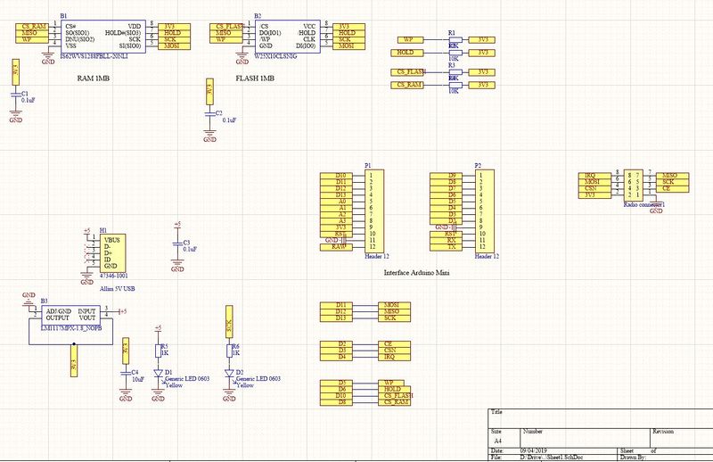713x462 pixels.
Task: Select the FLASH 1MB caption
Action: [x=255, y=78]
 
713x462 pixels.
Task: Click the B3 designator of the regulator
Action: [x=44, y=301]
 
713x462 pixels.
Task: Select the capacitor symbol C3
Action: [x=176, y=243]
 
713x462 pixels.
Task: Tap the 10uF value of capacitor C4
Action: [x=137, y=379]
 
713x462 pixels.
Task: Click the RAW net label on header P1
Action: [x=339, y=247]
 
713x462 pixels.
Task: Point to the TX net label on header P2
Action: [x=452, y=247]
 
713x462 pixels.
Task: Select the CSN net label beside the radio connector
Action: [x=591, y=188]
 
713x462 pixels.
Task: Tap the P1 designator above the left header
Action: [x=368, y=166]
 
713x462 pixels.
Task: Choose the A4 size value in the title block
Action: [x=497, y=441]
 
